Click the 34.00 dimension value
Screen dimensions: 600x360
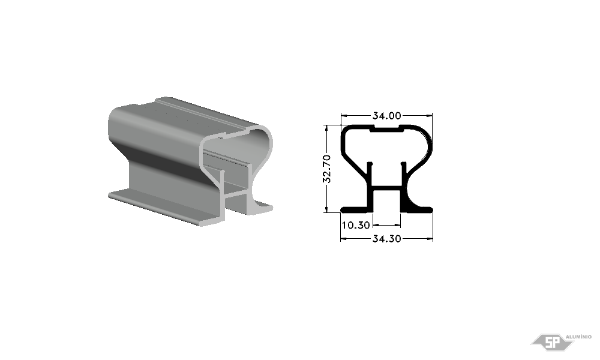click(387, 116)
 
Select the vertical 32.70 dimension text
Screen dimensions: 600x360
click(327, 169)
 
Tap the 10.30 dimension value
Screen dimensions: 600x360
click(356, 226)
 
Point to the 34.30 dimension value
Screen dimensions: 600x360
click(387, 239)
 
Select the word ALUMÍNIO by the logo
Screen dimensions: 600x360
click(578, 337)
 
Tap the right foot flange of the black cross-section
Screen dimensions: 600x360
click(417, 209)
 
